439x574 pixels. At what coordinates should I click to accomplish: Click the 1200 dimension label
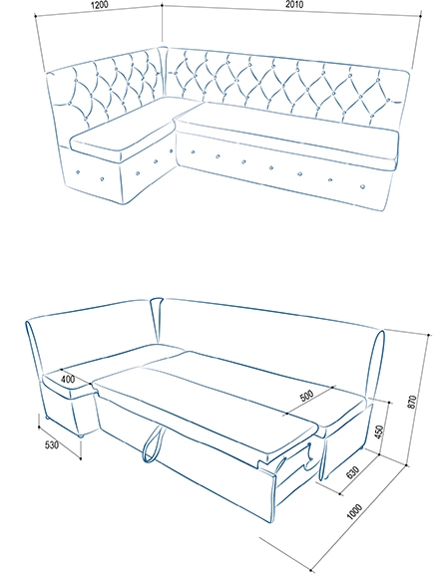pos(100,5)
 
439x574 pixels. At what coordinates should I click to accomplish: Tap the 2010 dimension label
pos(294,4)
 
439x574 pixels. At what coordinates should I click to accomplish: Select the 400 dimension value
pos(68,379)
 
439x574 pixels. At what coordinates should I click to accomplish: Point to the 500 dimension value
pos(306,396)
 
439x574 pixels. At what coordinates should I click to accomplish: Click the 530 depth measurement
pos(52,445)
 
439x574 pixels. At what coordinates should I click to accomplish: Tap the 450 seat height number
pos(379,432)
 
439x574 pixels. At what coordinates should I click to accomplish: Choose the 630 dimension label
pos(352,472)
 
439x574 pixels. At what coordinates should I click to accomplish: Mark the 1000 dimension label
pos(354,511)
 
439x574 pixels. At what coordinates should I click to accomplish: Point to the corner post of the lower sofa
pos(157,320)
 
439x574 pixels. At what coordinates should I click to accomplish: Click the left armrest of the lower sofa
pos(35,348)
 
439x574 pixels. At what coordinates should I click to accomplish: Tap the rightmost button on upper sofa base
pos(363,186)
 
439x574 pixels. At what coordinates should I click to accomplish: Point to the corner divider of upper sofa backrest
pos(163,72)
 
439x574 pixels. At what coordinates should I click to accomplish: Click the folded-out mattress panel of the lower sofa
pos(206,414)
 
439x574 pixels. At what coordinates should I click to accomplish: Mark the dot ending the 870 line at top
pos(428,335)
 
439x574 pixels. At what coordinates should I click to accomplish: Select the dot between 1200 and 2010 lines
pos(162,5)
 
